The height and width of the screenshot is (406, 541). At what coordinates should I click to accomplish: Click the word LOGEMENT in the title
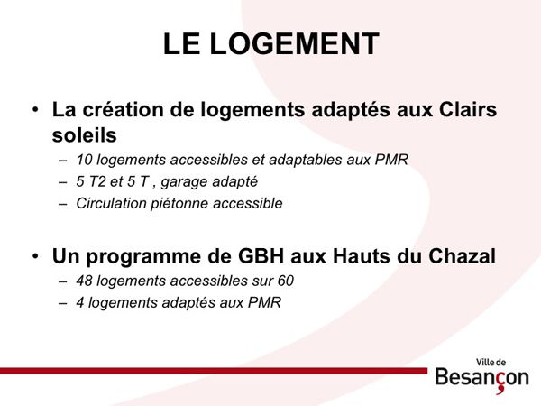tap(294, 44)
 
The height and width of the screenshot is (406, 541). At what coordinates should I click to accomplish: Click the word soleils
tap(84, 134)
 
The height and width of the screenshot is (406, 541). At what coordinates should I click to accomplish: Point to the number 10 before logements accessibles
tap(84, 160)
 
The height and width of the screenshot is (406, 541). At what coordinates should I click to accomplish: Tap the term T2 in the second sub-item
tap(97, 181)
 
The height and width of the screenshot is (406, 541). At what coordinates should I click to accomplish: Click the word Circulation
tap(112, 203)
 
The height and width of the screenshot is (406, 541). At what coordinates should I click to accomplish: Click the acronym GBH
tap(261, 256)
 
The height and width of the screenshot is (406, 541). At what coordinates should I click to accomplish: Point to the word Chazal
tap(462, 256)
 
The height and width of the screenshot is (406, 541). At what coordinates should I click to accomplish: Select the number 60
tap(285, 281)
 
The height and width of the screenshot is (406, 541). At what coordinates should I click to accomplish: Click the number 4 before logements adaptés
tap(80, 303)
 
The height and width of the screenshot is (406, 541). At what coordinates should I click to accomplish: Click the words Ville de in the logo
tap(491, 363)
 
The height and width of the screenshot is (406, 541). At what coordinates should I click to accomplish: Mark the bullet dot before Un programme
tap(35, 257)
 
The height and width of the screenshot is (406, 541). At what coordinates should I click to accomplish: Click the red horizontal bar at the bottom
tap(214, 371)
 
